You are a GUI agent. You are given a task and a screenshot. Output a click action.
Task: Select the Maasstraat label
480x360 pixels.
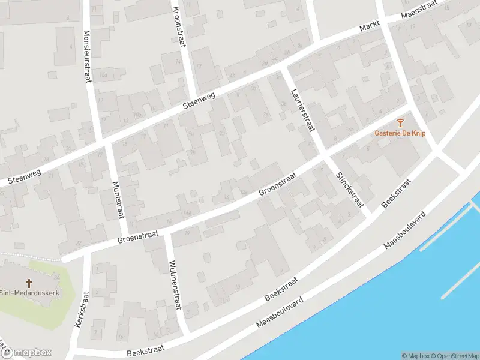tap(420, 11)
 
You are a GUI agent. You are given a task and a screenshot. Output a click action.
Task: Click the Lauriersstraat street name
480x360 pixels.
tap(302, 109)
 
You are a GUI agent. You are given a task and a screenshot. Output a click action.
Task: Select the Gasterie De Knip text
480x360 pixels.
tap(400, 133)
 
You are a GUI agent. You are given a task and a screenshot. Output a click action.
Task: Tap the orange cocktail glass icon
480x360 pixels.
tap(400, 123)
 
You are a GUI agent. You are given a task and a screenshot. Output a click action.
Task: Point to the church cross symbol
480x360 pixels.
tap(28, 283)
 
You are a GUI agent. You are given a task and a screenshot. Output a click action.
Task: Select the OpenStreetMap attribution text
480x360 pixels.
tap(455, 356)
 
